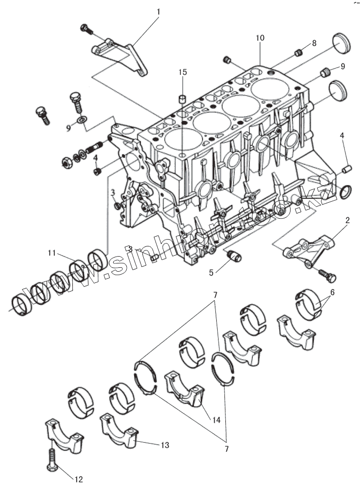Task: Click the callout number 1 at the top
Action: [157, 11]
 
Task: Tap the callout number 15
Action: [182, 72]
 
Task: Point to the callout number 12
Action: [78, 480]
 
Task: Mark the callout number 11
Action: [52, 252]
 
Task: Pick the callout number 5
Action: [211, 272]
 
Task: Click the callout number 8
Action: [314, 43]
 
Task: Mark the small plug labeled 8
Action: [300, 51]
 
